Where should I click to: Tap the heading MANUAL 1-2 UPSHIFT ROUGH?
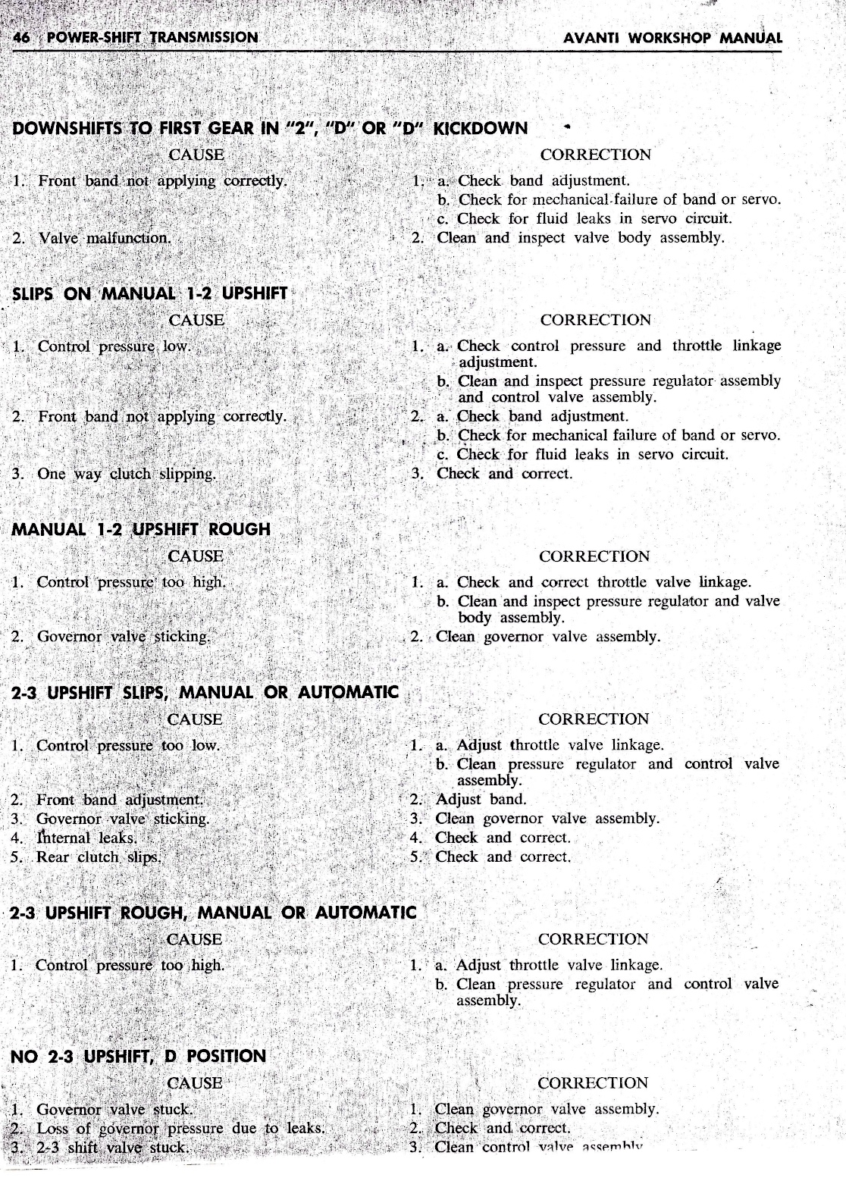pos(141,529)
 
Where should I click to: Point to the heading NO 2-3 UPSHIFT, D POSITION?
pos(137,1056)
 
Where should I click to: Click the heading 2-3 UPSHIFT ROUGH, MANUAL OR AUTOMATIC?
pos(213,913)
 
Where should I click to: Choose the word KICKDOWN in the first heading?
pos(480,128)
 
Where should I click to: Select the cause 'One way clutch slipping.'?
pos(127,474)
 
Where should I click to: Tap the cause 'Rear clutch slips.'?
pos(99,857)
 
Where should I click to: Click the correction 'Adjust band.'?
pos(481,799)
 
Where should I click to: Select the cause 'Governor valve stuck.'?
pos(114,1110)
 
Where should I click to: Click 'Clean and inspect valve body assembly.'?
pos(580,237)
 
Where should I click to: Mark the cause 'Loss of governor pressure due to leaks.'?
pos(180,1128)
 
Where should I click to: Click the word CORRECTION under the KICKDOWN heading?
pos(595,155)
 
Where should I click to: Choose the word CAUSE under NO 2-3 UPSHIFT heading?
pos(195,1083)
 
